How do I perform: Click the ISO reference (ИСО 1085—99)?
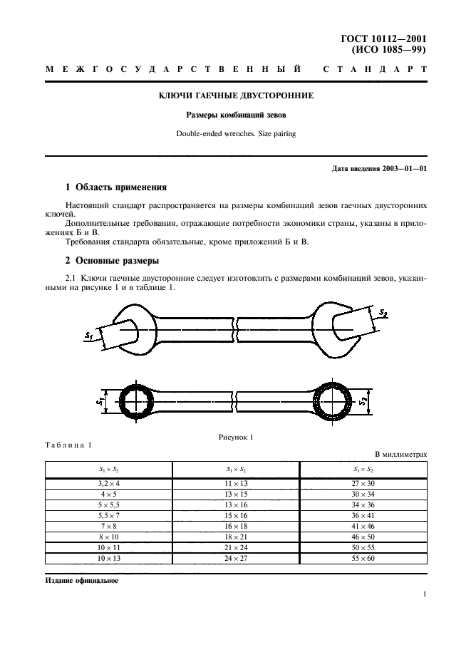(x=390, y=50)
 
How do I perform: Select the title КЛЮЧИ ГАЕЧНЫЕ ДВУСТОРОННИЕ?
(x=235, y=95)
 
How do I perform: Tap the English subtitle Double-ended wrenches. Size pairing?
(x=235, y=133)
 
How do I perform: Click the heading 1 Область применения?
(x=115, y=188)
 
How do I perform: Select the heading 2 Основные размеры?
(x=112, y=260)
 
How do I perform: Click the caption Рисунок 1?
(x=235, y=436)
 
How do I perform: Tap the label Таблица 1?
(x=68, y=445)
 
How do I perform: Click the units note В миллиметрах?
(x=400, y=453)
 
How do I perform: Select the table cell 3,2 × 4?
(x=108, y=483)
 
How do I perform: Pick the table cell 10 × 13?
(x=108, y=558)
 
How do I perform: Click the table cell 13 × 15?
(x=235, y=494)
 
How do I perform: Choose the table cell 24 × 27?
(x=235, y=558)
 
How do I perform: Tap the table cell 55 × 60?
(x=363, y=558)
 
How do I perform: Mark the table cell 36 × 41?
(x=363, y=515)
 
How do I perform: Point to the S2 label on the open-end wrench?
(x=383, y=314)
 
